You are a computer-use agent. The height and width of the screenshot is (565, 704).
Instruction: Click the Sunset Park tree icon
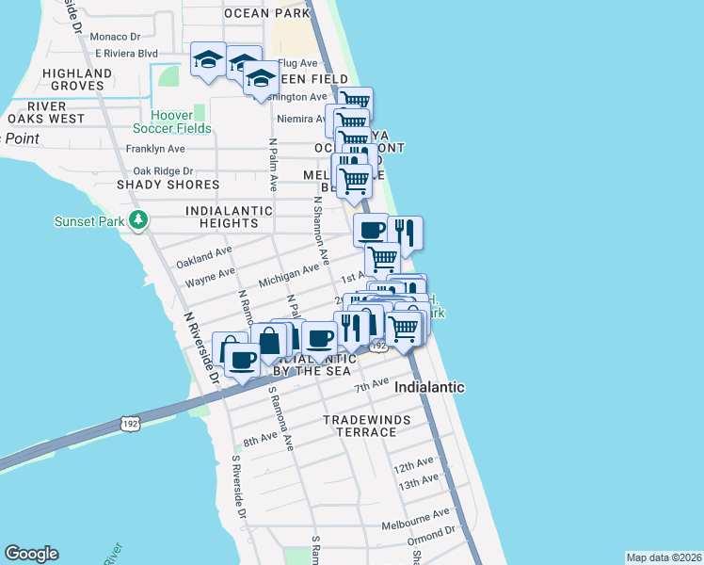139,220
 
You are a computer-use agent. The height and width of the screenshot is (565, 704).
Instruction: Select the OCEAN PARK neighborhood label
266,13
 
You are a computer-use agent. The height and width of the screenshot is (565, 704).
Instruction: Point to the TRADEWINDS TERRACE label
360,426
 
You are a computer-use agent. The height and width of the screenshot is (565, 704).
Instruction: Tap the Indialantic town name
429,387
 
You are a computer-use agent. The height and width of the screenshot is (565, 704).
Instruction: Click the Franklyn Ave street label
155,149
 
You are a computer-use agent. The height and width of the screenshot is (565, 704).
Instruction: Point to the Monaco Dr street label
115,37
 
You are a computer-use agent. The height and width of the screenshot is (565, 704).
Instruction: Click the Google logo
31,554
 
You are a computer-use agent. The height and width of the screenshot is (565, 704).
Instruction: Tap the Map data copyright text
664,557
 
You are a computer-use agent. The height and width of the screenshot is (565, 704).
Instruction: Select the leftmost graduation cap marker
208,61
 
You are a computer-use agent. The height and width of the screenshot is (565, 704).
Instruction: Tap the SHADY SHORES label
168,185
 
